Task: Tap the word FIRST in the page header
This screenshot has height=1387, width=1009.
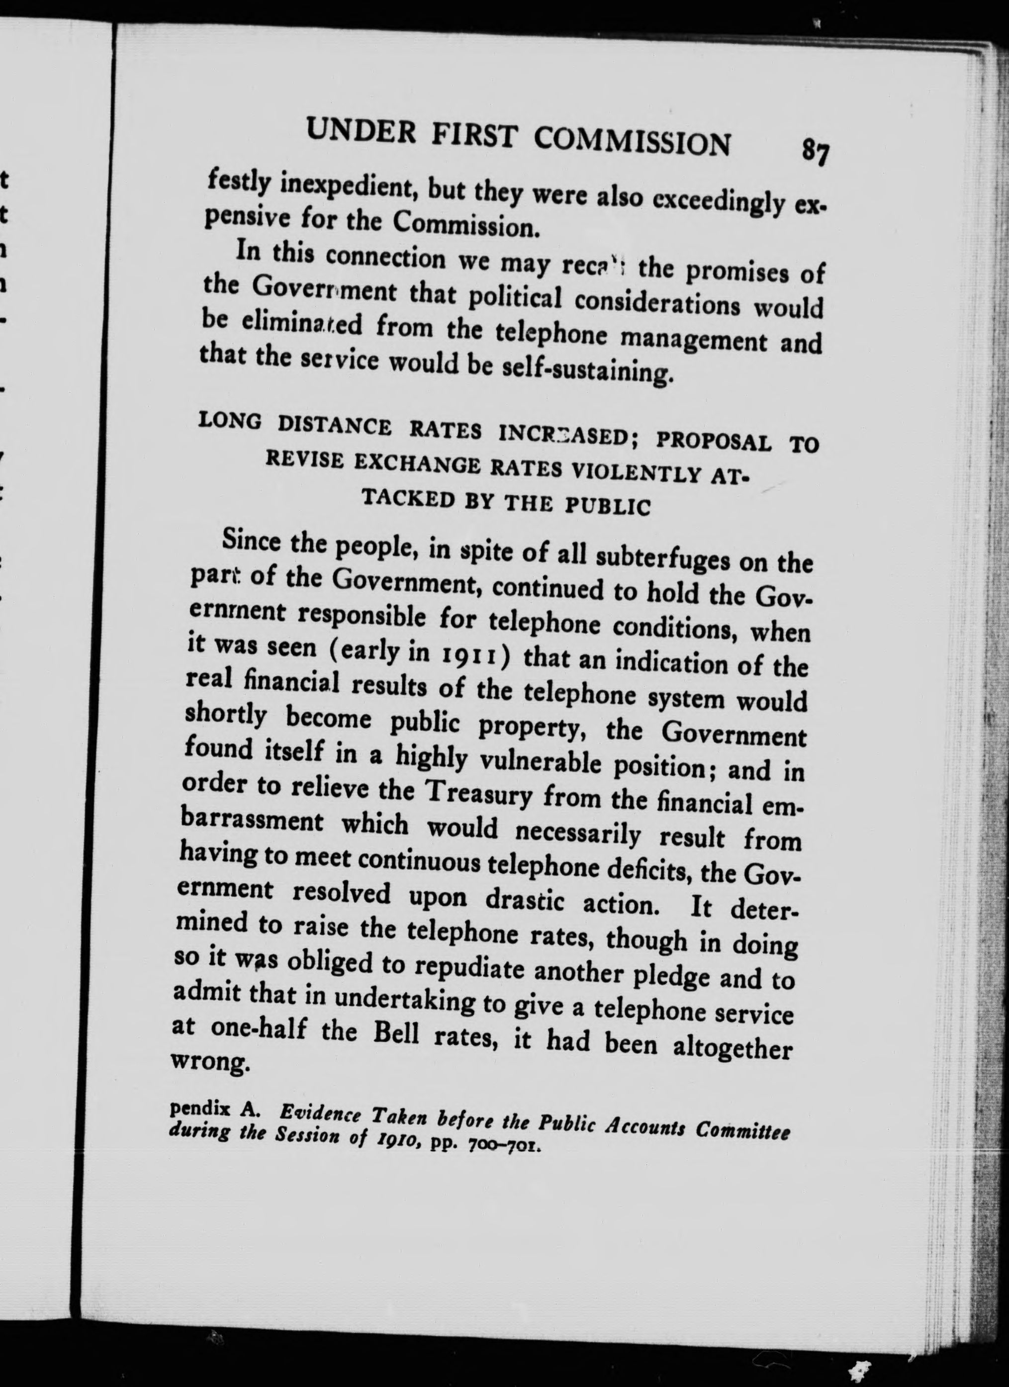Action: click(473, 135)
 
